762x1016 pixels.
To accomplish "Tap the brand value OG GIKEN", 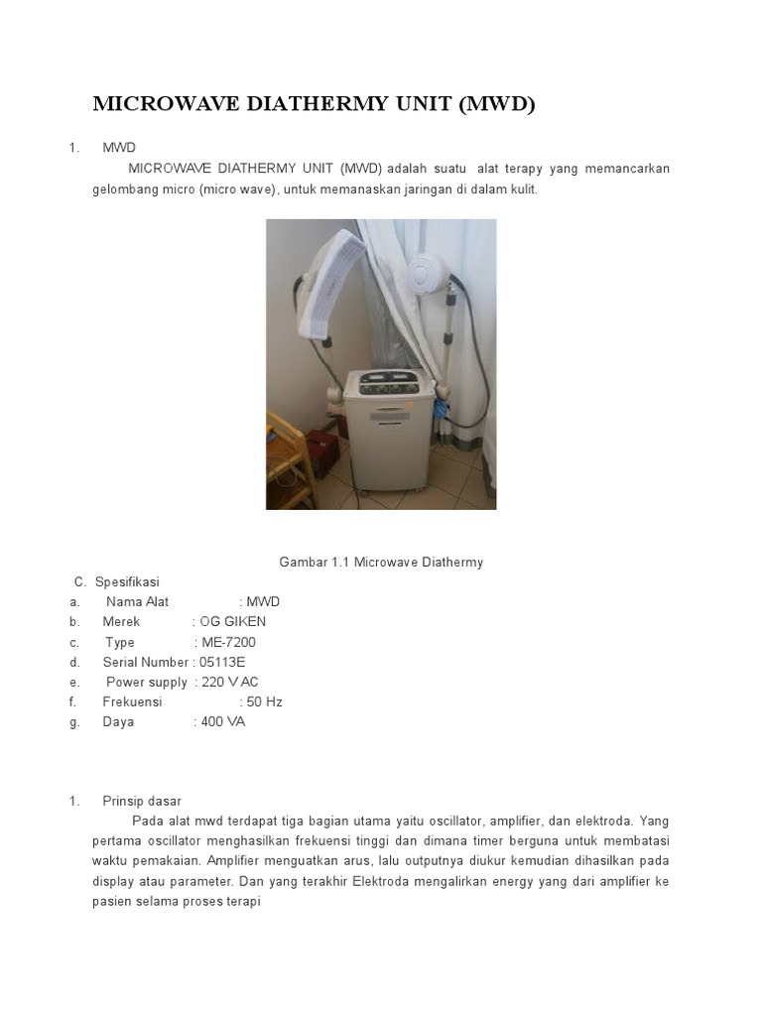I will (233, 622).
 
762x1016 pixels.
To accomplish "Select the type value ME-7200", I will (228, 642).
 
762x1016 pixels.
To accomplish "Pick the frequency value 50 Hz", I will (265, 701).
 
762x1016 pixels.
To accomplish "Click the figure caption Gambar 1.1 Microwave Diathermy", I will (381, 563).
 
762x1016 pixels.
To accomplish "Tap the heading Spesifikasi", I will (125, 581).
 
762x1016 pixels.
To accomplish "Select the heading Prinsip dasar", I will (142, 801).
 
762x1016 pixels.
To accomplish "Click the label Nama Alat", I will (137, 602).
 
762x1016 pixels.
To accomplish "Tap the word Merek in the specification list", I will (121, 622).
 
